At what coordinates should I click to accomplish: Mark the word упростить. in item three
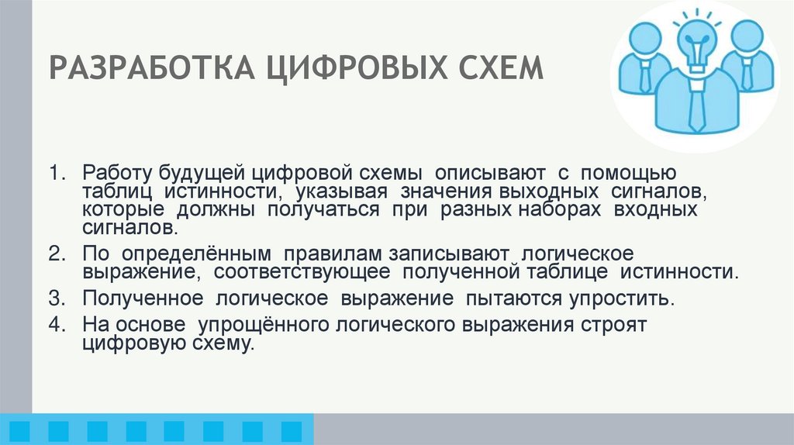click(x=606, y=298)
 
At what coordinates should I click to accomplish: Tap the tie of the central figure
click(x=697, y=105)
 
